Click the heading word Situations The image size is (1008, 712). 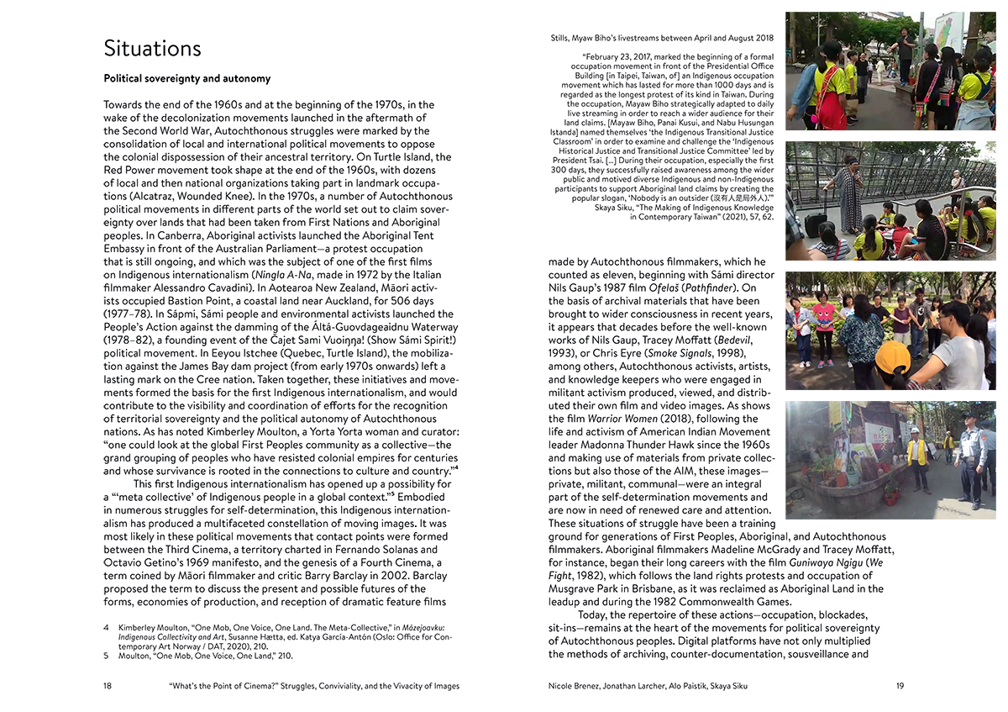152,48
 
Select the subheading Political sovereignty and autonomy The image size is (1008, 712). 186,79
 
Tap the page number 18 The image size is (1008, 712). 108,686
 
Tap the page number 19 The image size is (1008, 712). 900,686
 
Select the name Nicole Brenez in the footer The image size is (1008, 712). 574,686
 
